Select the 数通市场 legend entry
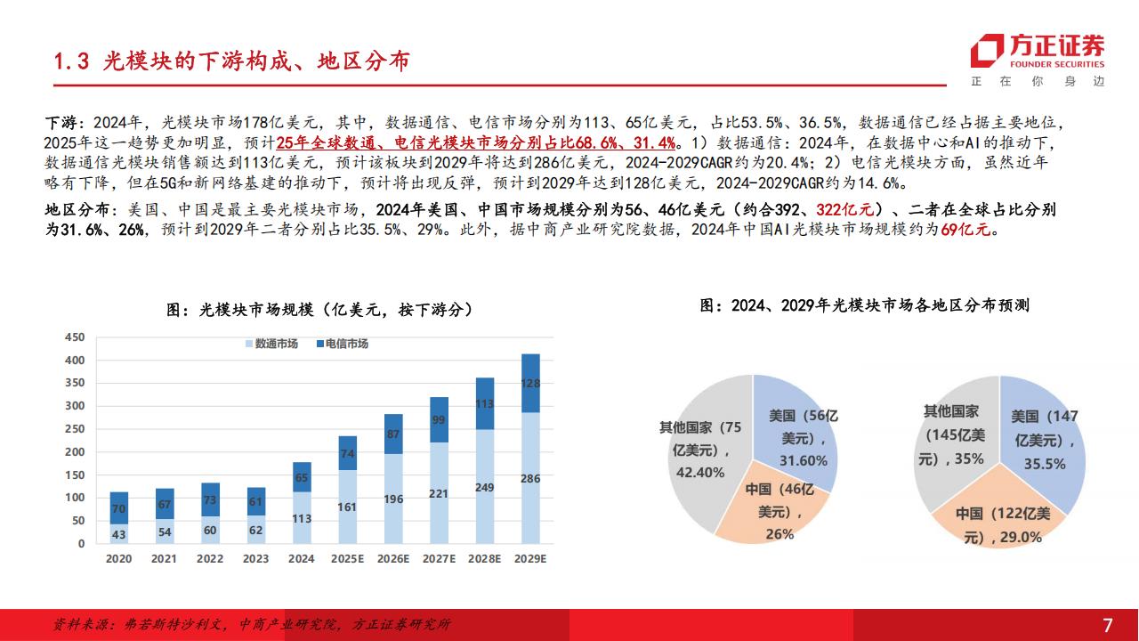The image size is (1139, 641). (271, 344)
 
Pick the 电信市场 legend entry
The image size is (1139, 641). (343, 344)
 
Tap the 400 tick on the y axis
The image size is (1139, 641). (75, 361)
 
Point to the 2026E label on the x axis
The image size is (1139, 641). (393, 558)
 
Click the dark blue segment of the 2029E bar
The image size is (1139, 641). (530, 383)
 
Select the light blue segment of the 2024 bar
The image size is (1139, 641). (302, 517)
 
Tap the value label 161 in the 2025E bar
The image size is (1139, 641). (347, 507)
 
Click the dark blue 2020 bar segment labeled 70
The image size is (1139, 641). (118, 507)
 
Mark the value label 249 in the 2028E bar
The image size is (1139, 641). (484, 487)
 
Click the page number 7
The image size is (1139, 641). (1108, 625)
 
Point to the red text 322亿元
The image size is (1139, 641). (845, 209)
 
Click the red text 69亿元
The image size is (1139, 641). (965, 230)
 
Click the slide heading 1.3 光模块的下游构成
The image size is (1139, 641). (232, 61)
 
